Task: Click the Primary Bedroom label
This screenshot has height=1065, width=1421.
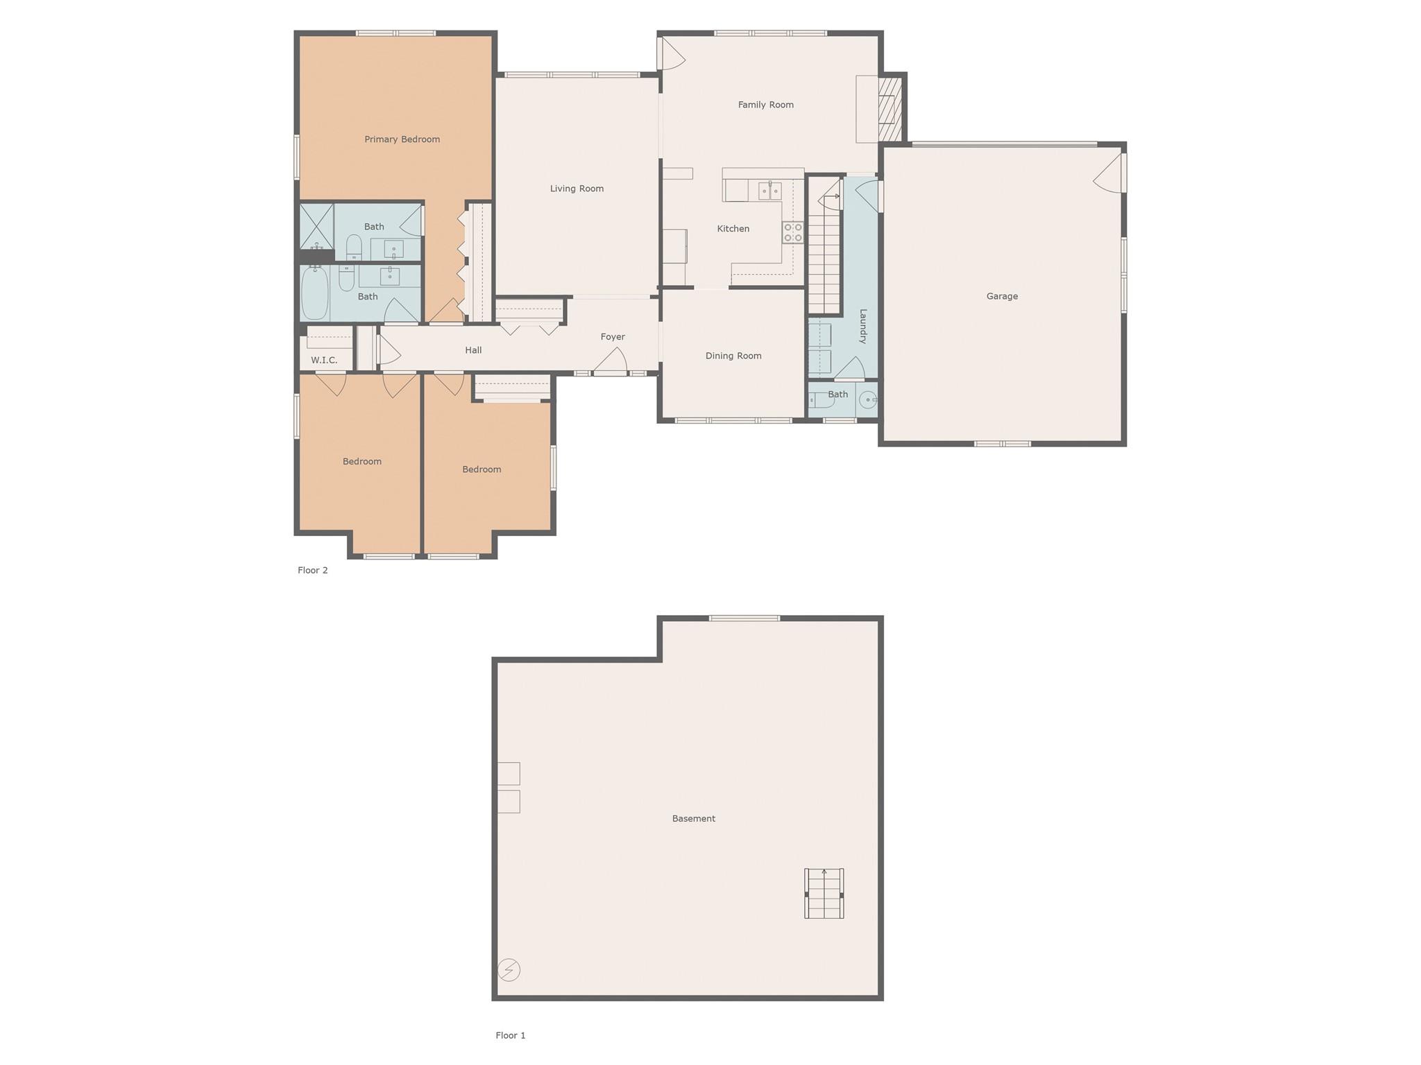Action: pyautogui.click(x=402, y=139)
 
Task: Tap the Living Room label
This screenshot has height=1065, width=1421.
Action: pyautogui.click(x=577, y=189)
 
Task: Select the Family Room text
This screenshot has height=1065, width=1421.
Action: pyautogui.click(x=765, y=105)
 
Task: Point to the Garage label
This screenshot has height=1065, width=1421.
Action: pyautogui.click(x=1002, y=296)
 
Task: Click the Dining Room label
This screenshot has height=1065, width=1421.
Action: pyautogui.click(x=733, y=356)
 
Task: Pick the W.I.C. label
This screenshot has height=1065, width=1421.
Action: pyautogui.click(x=324, y=360)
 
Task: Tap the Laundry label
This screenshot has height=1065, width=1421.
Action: pyautogui.click(x=863, y=326)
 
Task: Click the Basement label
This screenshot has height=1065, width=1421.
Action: pyautogui.click(x=693, y=818)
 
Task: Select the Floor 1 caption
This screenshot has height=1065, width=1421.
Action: pyautogui.click(x=511, y=1035)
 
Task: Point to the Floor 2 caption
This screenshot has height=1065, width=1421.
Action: pyautogui.click(x=313, y=570)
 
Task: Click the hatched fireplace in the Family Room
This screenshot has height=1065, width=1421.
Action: pyautogui.click(x=890, y=109)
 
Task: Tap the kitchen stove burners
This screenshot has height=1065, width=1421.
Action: pyautogui.click(x=793, y=232)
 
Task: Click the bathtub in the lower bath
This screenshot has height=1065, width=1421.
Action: pyautogui.click(x=315, y=293)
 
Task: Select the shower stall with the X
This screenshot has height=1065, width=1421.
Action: pyautogui.click(x=316, y=226)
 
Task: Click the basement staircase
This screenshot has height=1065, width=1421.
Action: pyautogui.click(x=824, y=894)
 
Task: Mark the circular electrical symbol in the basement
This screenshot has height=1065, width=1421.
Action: pyautogui.click(x=509, y=969)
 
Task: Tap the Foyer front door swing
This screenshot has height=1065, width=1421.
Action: pyautogui.click(x=611, y=361)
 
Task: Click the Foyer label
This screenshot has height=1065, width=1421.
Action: pyautogui.click(x=613, y=337)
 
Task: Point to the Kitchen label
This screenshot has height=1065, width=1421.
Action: pyautogui.click(x=733, y=229)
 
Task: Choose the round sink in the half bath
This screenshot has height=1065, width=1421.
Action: pyautogui.click(x=868, y=400)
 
